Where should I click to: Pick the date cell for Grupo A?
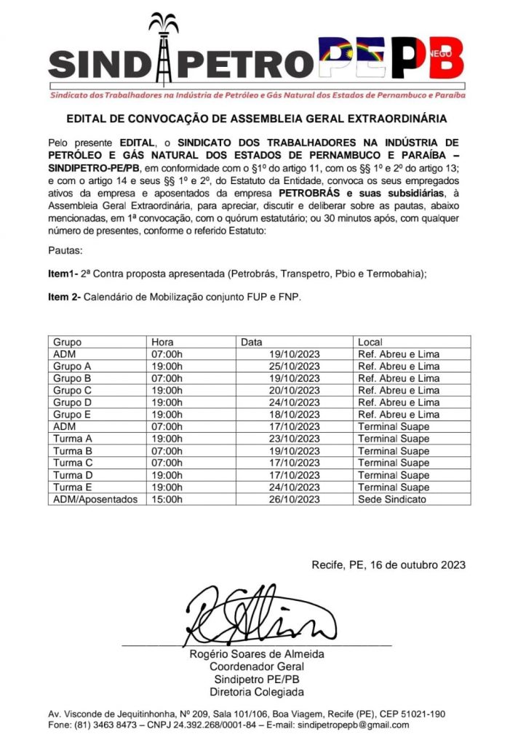coord(295,366)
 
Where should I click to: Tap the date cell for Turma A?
coord(295,439)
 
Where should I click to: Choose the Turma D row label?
coord(73,475)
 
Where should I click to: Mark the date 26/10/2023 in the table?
coord(295,499)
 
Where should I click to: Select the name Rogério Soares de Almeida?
coord(256,654)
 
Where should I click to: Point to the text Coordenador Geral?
coord(256,666)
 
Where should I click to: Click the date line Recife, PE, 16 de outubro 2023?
coord(388,565)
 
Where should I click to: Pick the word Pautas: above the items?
coord(65,250)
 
